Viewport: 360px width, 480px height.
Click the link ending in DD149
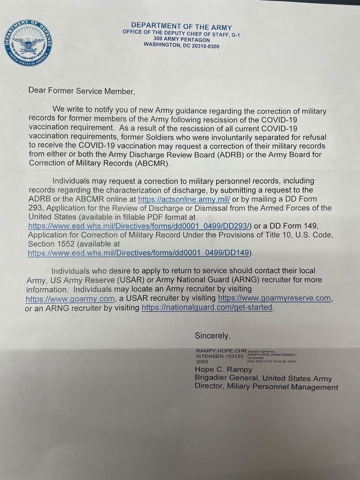point(138,252)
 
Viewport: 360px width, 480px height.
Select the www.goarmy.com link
point(70,299)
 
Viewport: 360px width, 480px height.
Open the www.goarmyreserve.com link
point(274,298)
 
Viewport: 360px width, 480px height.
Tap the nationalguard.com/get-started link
point(207,308)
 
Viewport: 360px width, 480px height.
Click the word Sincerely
point(213,336)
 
